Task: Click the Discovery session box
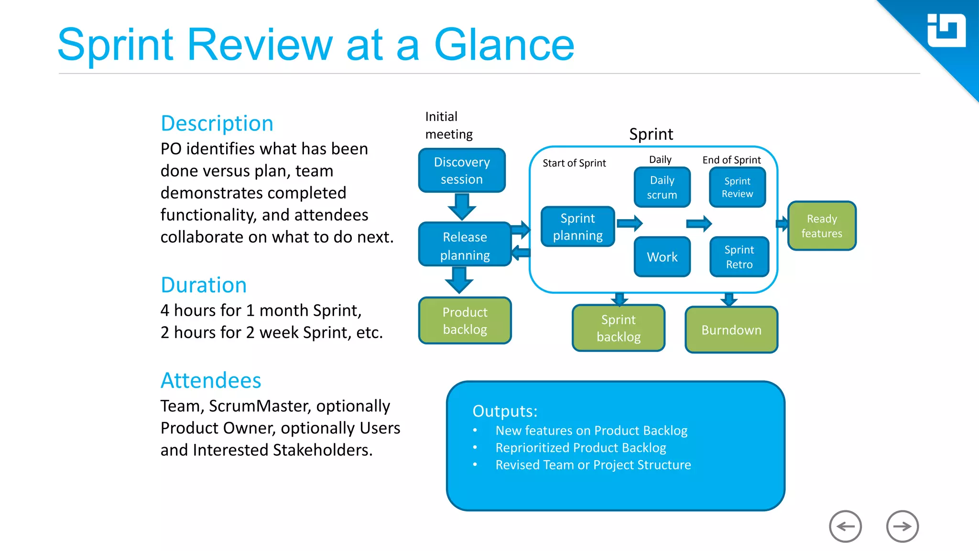(462, 170)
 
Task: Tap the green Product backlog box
(465, 320)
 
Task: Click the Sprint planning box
(577, 227)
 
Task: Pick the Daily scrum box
(662, 187)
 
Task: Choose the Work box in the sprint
(662, 257)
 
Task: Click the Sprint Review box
(737, 187)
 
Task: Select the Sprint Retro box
(739, 257)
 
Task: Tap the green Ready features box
(821, 226)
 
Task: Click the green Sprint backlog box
(619, 328)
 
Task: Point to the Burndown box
(731, 330)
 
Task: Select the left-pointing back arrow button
(845, 526)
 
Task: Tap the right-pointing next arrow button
(902, 526)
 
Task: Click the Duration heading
(204, 285)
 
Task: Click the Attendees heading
(211, 381)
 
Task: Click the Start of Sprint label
(574, 163)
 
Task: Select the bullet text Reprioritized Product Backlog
(580, 448)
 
